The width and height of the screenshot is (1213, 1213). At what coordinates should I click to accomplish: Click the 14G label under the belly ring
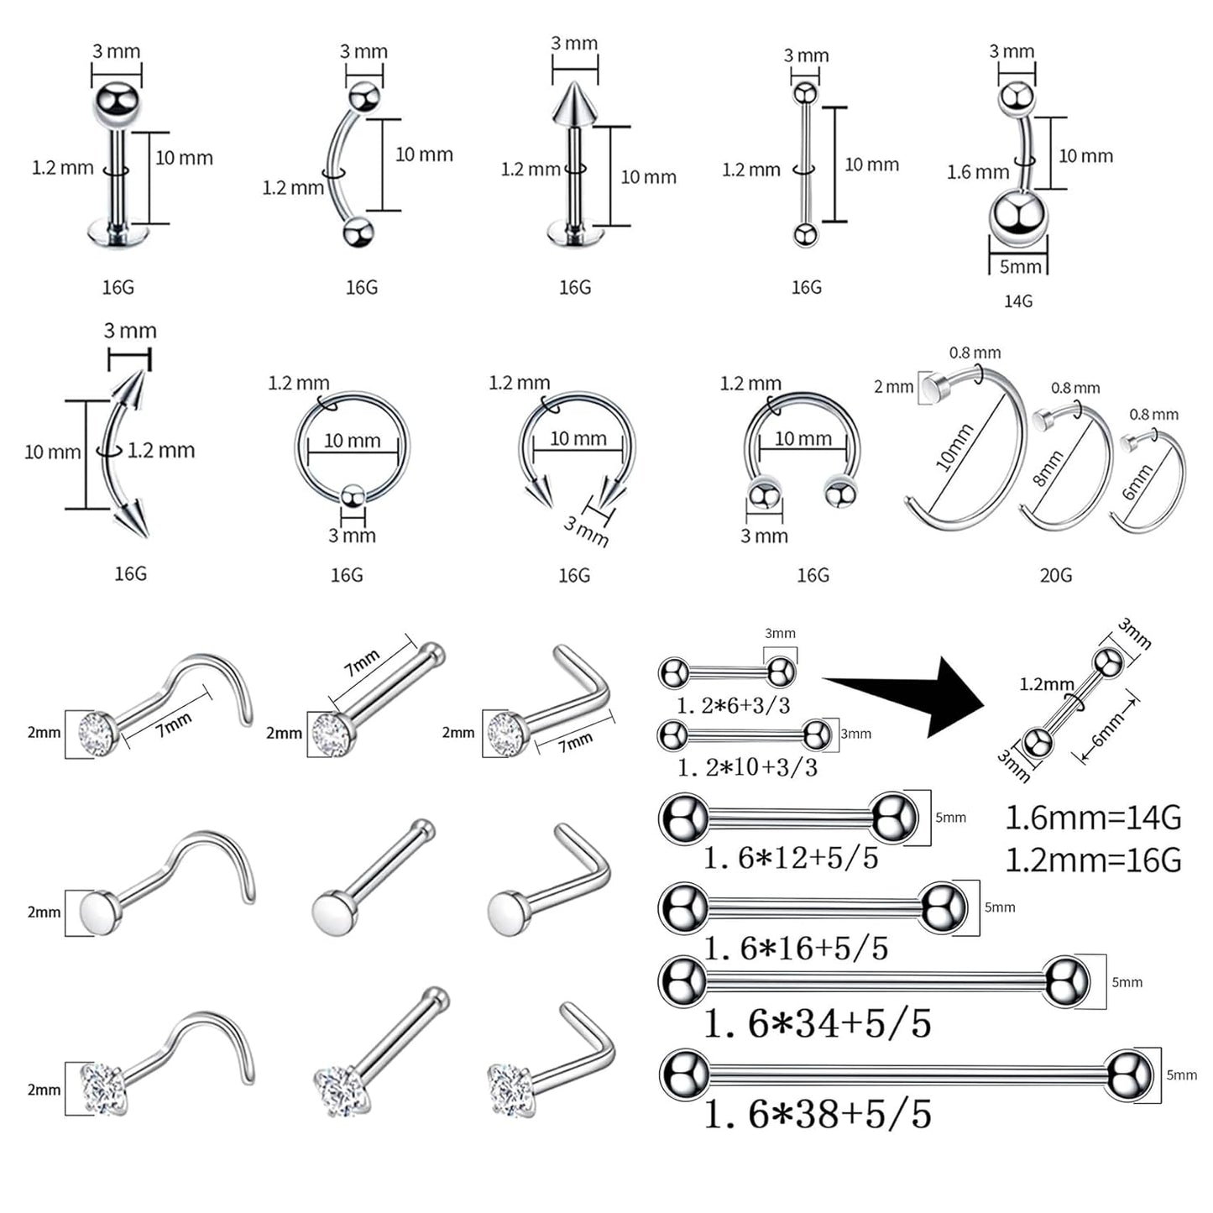point(1017,301)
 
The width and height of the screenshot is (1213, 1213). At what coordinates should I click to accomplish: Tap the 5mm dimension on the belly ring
point(1019,267)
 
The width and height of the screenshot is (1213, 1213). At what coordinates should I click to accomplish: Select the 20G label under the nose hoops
point(1055,575)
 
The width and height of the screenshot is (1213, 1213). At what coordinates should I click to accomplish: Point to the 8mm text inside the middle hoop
point(1048,468)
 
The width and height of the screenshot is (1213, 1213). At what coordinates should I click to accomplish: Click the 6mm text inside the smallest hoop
point(1138,483)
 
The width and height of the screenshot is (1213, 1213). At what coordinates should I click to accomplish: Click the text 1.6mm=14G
point(1093,817)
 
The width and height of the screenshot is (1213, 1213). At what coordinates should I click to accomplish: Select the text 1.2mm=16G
point(1093,860)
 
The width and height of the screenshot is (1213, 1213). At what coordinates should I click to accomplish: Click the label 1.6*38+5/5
point(818,1114)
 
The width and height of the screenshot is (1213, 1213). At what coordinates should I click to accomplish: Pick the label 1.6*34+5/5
point(818,1023)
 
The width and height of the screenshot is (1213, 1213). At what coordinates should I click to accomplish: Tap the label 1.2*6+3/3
point(734,705)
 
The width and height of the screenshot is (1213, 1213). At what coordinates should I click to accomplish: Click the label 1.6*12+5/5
point(791,858)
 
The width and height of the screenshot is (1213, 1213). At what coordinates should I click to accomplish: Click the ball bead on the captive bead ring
point(352,497)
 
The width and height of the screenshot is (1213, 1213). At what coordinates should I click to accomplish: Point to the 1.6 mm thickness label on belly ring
point(978,172)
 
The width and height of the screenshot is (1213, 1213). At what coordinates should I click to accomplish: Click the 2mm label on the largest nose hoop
point(893,387)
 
